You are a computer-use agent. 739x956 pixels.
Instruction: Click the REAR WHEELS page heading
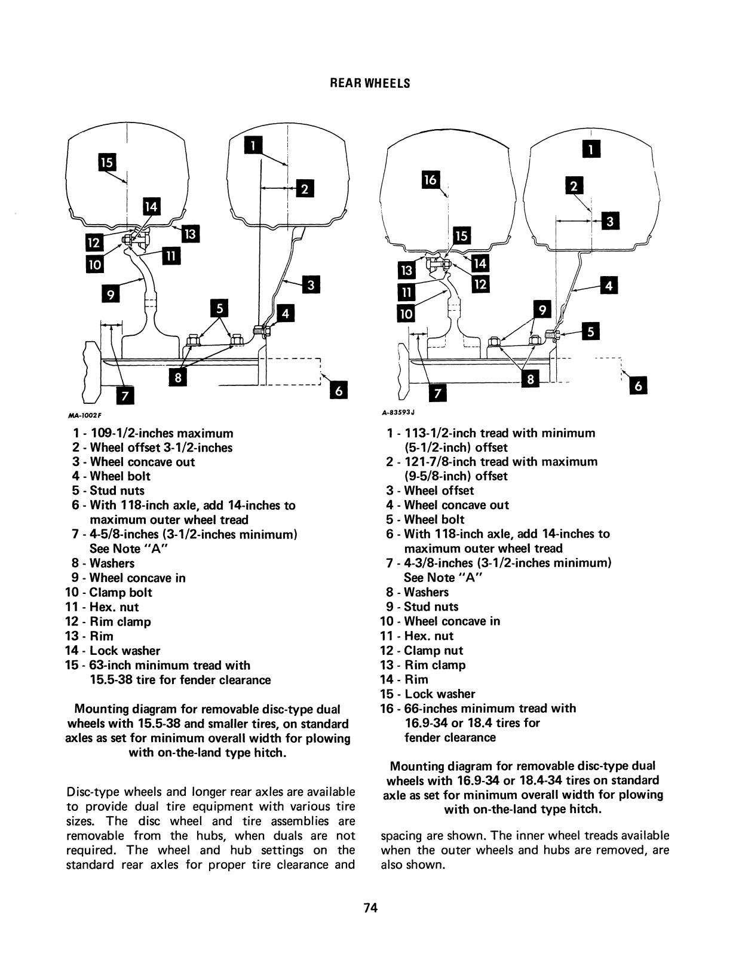pos(370,84)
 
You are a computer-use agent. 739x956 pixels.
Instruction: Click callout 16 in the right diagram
pos(431,180)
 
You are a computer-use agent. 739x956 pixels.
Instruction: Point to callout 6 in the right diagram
pos(638,387)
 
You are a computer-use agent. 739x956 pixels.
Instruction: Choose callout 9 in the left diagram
pos(109,293)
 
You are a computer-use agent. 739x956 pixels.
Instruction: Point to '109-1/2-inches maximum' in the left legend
pos(161,433)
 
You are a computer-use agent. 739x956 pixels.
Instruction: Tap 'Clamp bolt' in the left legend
pos(121,592)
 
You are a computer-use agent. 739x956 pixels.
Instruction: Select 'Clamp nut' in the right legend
pos(433,651)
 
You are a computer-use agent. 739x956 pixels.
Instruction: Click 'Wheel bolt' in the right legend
pos(434,519)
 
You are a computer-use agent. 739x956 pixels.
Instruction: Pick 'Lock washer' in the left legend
pos(125,651)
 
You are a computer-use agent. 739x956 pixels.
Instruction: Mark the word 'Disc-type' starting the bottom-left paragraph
pos(89,792)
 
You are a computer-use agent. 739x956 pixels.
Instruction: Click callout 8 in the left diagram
pos(178,378)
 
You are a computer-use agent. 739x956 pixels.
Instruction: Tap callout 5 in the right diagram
pos(590,332)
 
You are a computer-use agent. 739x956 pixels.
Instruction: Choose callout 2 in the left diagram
pos(304,189)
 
